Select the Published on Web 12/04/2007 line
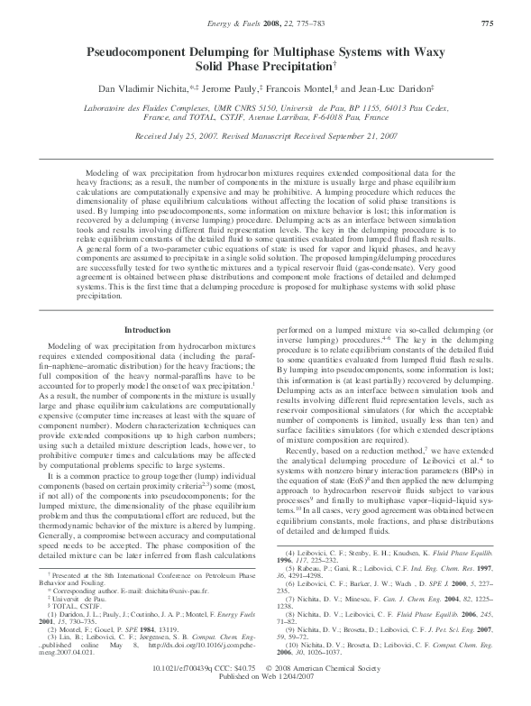(264, 692)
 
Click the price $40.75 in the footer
(267, 683)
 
